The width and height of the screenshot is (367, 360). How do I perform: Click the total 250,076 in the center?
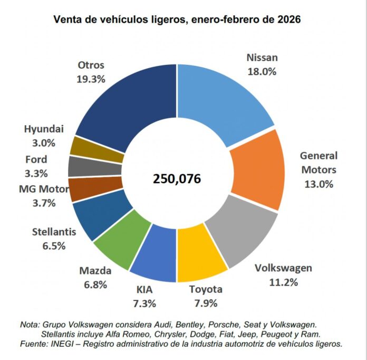tap(177, 178)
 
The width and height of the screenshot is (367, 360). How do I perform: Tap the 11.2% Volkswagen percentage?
tap(283, 282)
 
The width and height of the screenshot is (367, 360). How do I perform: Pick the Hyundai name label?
tap(44, 129)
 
